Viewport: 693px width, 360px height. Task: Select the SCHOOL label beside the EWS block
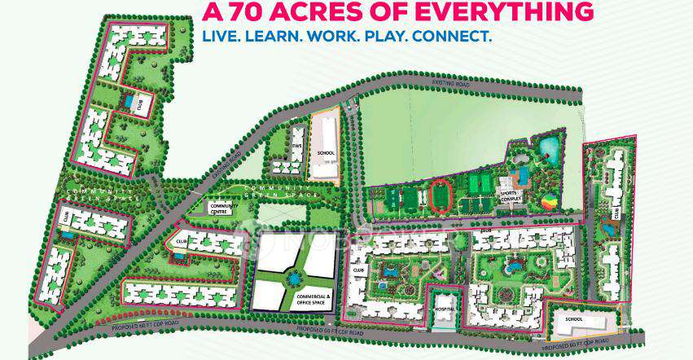[326, 153]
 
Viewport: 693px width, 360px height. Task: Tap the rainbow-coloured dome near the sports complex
[551, 198]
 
